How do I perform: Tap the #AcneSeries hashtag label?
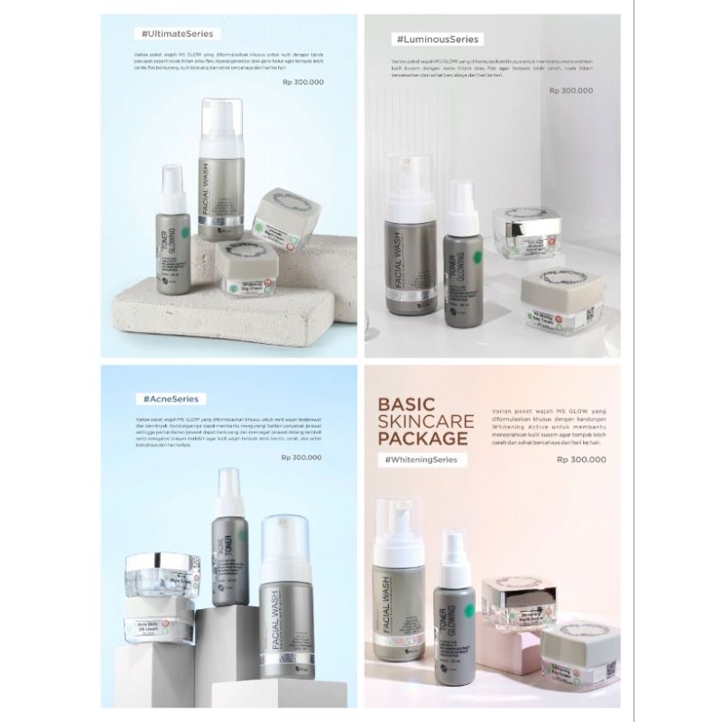pos(170,397)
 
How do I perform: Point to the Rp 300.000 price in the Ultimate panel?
pos(303,82)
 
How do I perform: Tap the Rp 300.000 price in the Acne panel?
pos(304,457)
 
